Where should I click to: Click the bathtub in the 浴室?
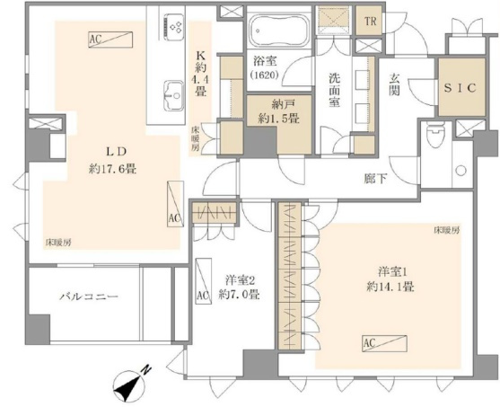tap(279, 31)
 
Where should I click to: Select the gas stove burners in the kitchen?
tap(174, 26)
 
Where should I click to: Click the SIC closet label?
tap(461, 88)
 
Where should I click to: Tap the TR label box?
tap(369, 21)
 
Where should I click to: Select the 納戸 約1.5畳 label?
tap(278, 111)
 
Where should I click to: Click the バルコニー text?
tap(89, 296)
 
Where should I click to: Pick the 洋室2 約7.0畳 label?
tap(240, 288)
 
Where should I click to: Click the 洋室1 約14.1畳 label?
tap(390, 280)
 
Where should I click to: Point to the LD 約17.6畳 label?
tap(112, 161)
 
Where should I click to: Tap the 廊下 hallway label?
tap(375, 179)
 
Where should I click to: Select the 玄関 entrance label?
tap(394, 85)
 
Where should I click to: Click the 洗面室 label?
tap(335, 91)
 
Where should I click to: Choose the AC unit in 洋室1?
tap(385, 344)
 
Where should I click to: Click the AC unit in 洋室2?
tap(203, 281)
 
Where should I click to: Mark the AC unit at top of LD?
tap(110, 40)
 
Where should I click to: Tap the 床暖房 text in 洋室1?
tap(447, 230)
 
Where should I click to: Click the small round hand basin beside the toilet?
tap(461, 170)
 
